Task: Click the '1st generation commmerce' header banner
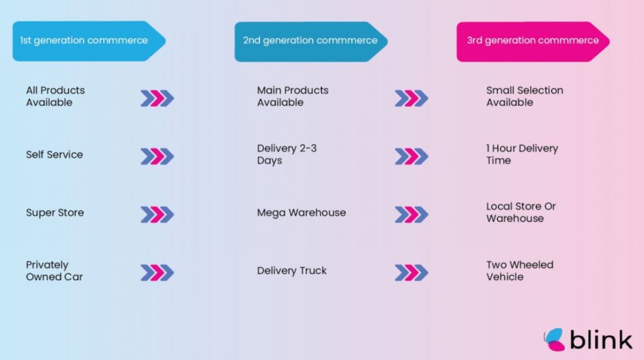(x=84, y=41)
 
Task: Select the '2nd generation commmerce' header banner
(x=310, y=41)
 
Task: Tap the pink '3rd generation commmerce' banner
(x=533, y=41)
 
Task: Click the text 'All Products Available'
(x=55, y=96)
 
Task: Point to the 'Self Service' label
(x=54, y=154)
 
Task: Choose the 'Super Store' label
(x=55, y=213)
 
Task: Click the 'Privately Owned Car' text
(x=54, y=271)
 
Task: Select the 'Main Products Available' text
(x=292, y=96)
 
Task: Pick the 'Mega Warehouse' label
(x=301, y=213)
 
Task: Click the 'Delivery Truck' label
(x=292, y=271)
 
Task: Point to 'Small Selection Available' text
(x=525, y=96)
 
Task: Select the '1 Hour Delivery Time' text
(x=522, y=154)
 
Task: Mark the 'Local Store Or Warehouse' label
(x=521, y=212)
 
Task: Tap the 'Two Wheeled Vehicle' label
(x=519, y=271)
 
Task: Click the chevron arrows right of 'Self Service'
(x=157, y=156)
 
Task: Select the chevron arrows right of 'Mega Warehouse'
(x=411, y=215)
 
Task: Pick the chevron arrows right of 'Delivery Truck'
(x=411, y=273)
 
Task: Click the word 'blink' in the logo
(x=601, y=340)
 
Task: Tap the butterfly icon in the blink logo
(x=554, y=339)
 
